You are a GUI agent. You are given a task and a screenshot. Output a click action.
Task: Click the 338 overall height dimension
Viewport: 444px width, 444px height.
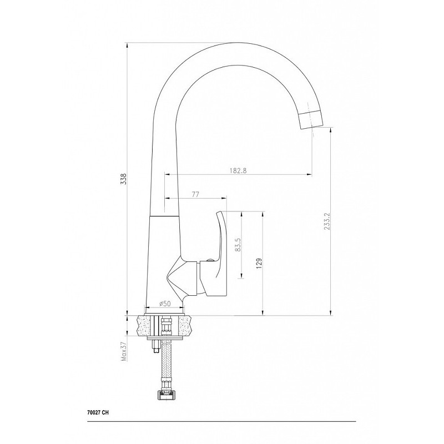click(x=123, y=179)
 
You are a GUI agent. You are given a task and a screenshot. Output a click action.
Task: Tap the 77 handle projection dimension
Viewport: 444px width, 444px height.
click(x=196, y=194)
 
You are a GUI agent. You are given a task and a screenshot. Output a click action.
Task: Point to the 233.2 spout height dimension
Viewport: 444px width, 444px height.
click(x=327, y=221)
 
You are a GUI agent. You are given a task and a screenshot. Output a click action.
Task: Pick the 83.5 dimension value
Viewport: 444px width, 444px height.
click(x=238, y=245)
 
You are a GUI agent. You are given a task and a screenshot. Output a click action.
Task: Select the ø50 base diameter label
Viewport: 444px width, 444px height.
click(x=165, y=304)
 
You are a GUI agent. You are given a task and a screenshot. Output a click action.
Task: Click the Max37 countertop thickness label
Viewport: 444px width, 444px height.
click(x=123, y=351)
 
